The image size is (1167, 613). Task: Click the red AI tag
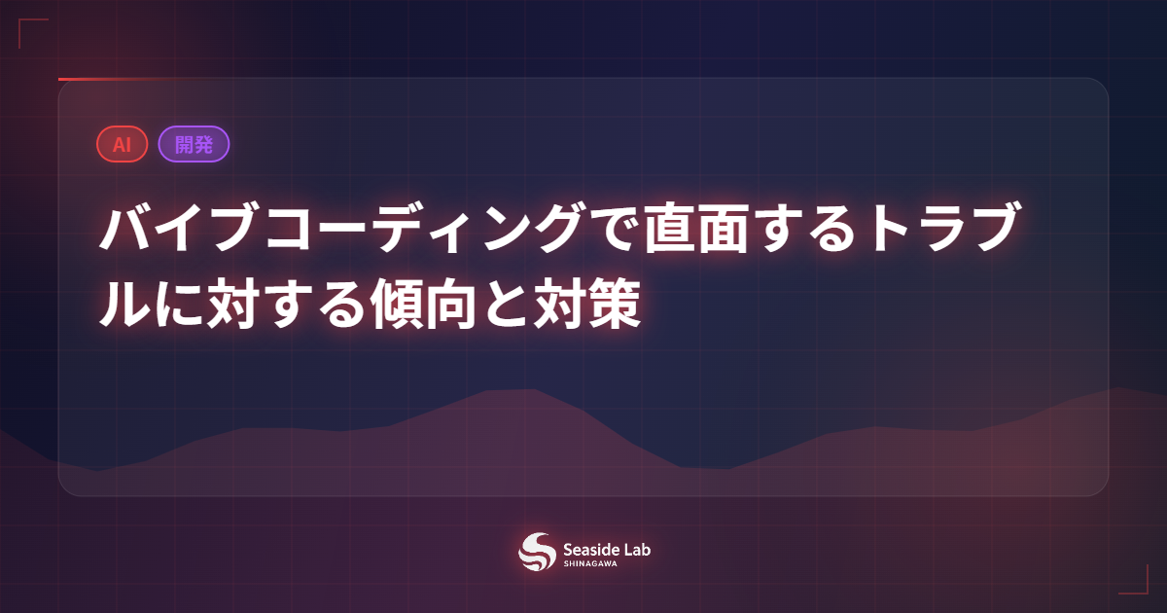(x=122, y=144)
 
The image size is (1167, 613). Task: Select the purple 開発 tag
(x=194, y=144)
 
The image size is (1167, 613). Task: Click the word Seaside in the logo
(x=591, y=548)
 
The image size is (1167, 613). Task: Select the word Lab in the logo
(x=638, y=548)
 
